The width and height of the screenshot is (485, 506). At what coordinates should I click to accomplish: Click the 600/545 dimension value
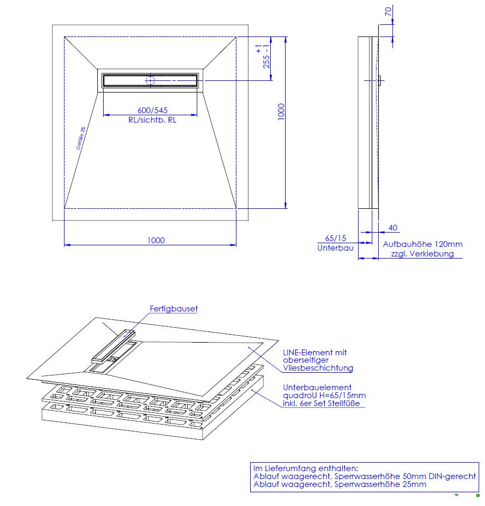152,110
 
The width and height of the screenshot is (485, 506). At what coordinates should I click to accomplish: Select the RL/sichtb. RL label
152,120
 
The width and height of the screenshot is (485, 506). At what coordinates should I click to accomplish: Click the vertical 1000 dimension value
281,112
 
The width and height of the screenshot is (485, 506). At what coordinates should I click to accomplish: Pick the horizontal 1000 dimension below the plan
156,241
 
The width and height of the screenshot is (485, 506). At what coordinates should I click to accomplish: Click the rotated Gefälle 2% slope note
81,138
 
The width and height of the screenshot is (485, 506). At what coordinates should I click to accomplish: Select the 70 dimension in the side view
388,12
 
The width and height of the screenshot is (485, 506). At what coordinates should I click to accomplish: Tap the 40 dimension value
392,228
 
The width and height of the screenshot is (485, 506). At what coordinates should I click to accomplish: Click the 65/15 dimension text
335,238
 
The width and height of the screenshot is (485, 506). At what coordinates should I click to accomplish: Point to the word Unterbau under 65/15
335,248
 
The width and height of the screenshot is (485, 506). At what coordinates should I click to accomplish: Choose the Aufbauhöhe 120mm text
423,244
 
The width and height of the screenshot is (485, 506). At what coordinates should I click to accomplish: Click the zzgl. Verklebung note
423,254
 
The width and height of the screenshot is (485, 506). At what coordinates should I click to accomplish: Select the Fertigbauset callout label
173,309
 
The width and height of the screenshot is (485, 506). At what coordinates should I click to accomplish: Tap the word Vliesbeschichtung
318,368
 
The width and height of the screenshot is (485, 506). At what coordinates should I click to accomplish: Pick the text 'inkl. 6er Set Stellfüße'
321,403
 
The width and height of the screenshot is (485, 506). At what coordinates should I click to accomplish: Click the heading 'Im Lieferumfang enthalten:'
306,468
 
